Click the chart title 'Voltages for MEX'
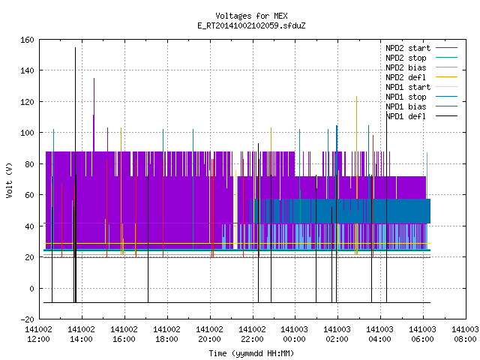pos(251,16)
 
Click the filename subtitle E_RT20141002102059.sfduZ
pos(251,25)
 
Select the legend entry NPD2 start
pos(421,48)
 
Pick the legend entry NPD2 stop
pos(421,58)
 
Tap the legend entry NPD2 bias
pos(421,67)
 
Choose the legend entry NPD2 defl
pos(421,77)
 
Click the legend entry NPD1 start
pos(421,87)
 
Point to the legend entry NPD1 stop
pos(421,97)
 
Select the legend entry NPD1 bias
pos(421,106)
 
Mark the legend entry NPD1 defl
pos(421,117)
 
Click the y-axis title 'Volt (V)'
pos(10,180)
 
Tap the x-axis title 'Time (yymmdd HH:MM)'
pos(251,353)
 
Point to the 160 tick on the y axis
pos(27,40)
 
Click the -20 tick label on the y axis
pos(27,319)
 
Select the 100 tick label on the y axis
pos(27,133)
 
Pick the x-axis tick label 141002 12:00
pos(38,334)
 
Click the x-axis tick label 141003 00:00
pos(294,334)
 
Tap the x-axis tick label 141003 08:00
pos(465,334)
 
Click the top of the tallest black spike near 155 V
pos(75,47)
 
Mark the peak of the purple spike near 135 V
pos(94,78)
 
